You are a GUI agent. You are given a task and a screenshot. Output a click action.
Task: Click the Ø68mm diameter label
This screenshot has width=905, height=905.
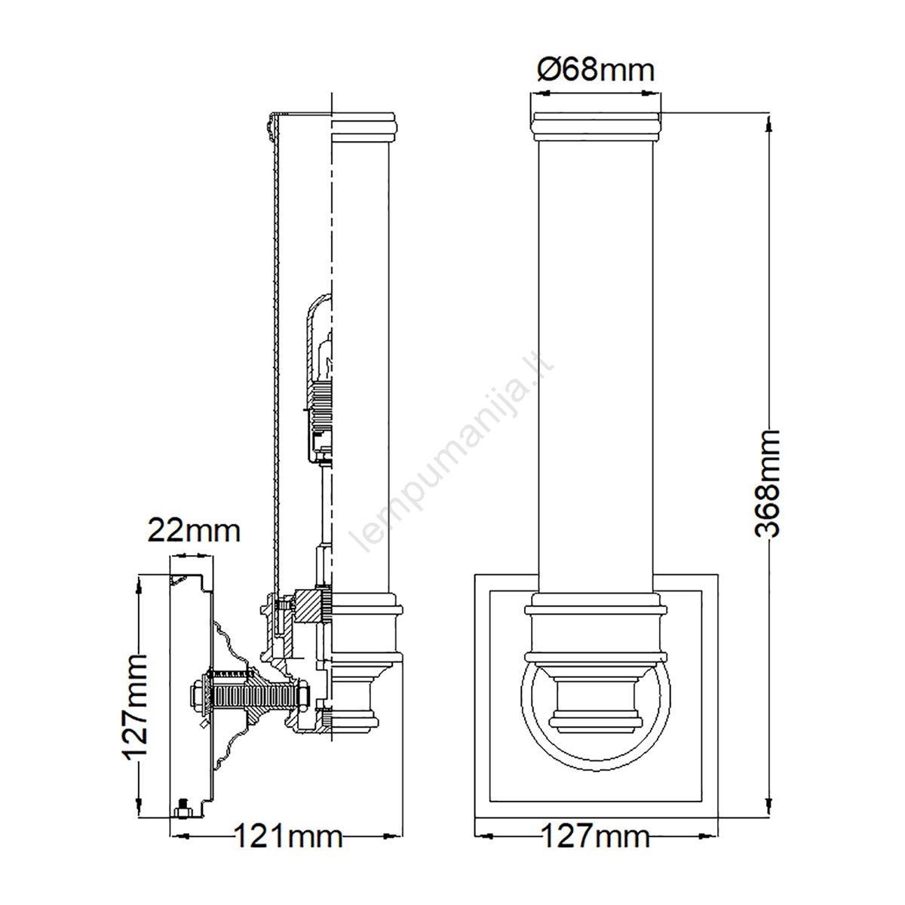[x=595, y=70]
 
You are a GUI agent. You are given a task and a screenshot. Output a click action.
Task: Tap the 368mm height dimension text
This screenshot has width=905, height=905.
[x=768, y=483]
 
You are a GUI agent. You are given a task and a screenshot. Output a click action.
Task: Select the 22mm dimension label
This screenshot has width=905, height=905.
[x=194, y=531]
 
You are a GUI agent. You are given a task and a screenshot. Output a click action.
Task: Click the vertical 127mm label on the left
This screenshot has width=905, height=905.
[x=135, y=709]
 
